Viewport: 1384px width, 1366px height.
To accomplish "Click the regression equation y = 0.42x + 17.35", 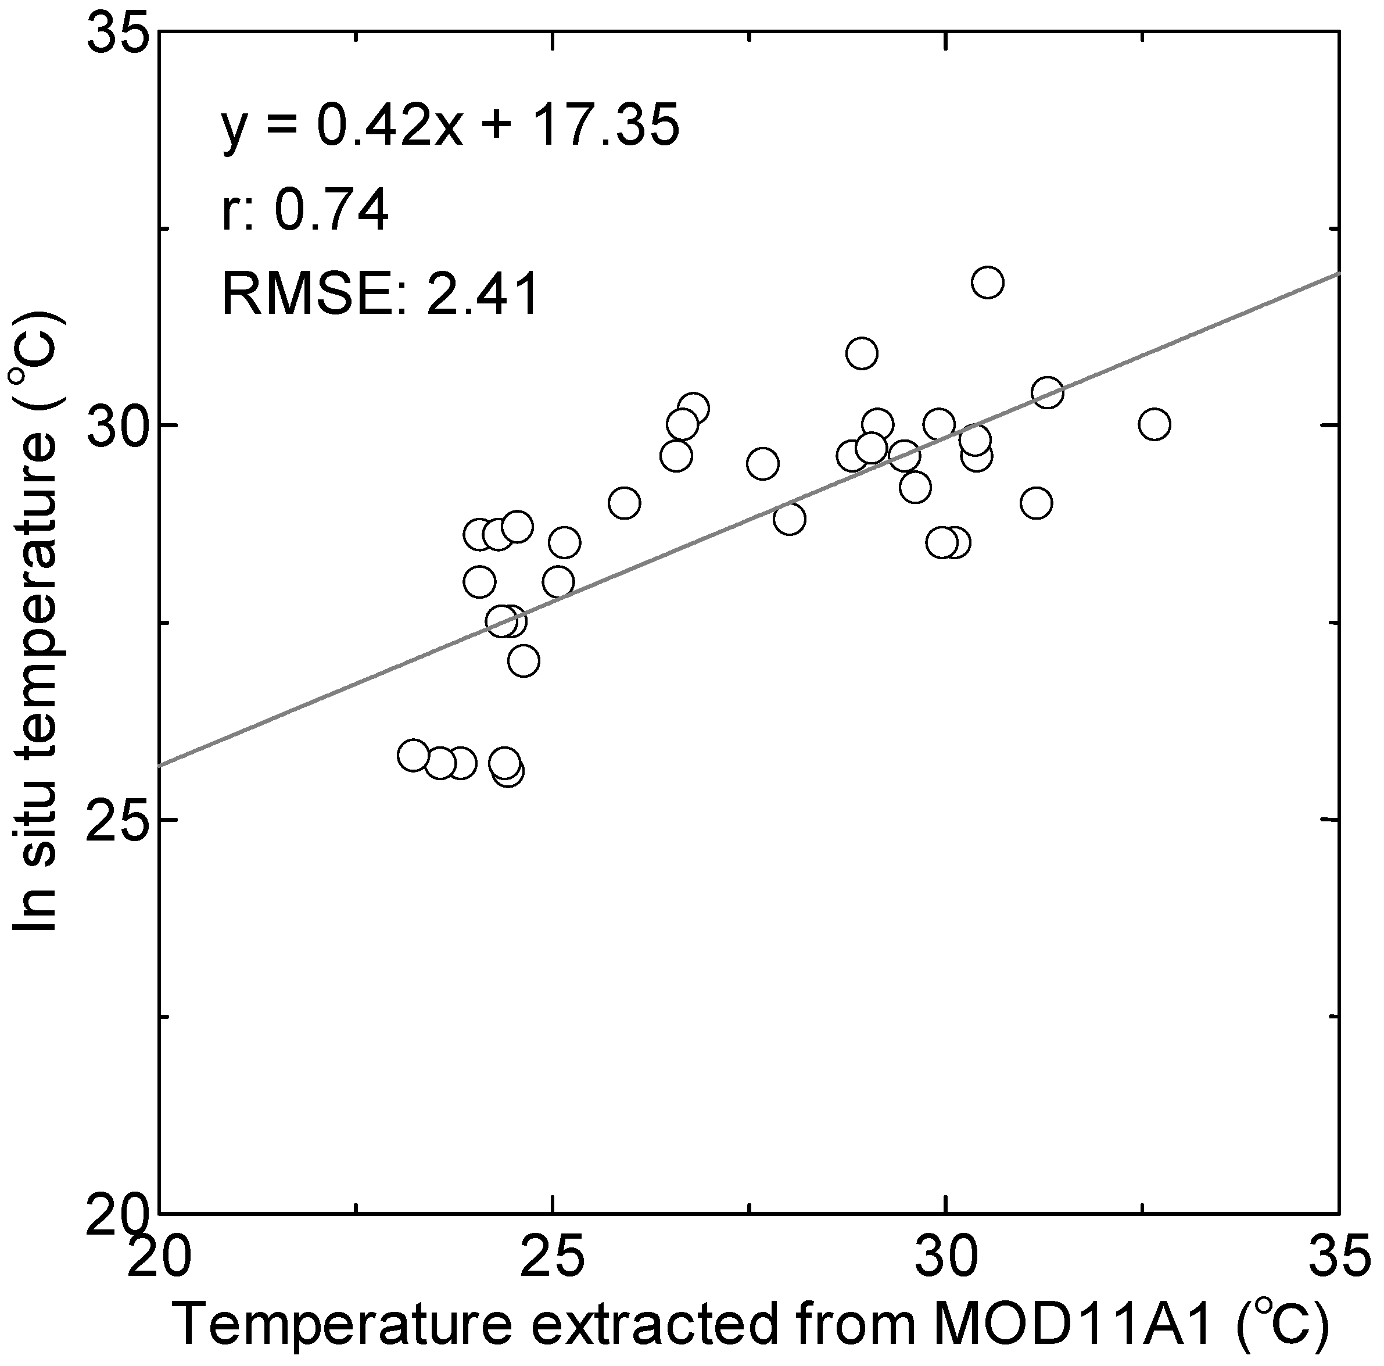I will (450, 126).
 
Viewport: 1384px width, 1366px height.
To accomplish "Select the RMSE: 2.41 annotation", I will (379, 294).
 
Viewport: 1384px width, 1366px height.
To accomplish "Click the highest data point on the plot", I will (987, 283).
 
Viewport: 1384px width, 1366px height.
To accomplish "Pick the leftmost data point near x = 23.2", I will (413, 756).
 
